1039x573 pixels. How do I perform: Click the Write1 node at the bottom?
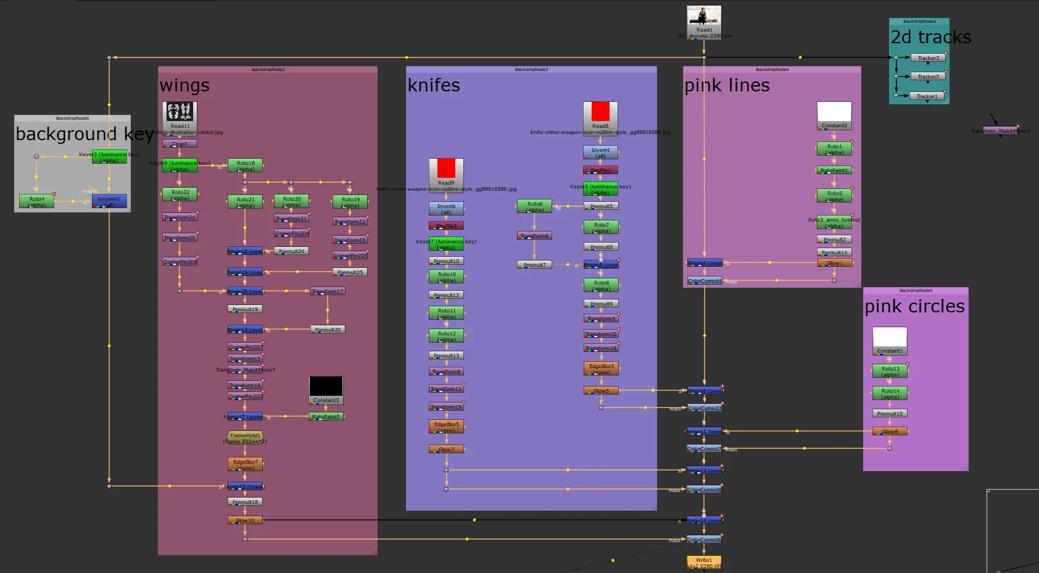(x=704, y=562)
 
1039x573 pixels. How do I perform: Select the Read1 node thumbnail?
(x=704, y=16)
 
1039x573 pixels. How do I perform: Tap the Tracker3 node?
(x=928, y=58)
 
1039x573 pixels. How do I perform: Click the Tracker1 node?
(x=927, y=96)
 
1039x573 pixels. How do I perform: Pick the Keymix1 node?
(x=109, y=201)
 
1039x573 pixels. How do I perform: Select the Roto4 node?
(x=37, y=201)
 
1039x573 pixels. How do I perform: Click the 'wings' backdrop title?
(x=184, y=85)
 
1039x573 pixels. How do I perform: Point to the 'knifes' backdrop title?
(x=434, y=85)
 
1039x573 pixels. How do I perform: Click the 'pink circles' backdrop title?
(x=914, y=306)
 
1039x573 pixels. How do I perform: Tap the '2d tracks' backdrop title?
(x=930, y=38)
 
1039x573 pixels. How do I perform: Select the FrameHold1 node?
(x=245, y=435)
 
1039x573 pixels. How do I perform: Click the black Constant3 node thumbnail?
(x=326, y=387)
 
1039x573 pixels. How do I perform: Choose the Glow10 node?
(x=245, y=521)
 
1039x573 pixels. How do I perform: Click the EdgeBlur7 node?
(x=245, y=464)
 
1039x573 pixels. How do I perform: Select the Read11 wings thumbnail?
(x=180, y=112)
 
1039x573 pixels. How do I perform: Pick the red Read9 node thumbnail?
(x=446, y=169)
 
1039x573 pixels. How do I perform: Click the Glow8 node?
(x=890, y=432)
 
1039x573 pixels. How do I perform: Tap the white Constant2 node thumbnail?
(x=834, y=112)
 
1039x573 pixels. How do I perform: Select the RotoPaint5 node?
(x=326, y=417)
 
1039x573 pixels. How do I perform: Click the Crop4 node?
(x=180, y=144)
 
